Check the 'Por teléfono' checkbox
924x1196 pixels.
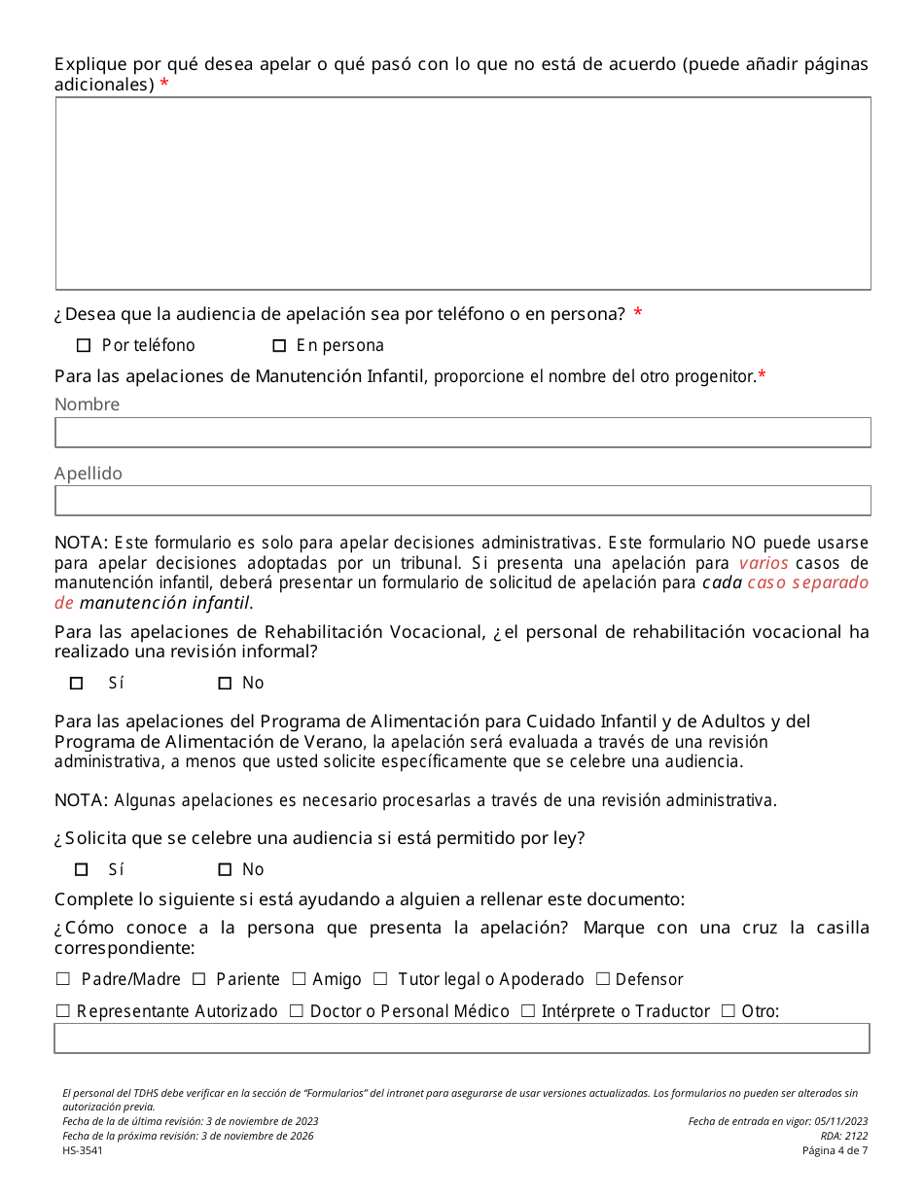click(x=83, y=345)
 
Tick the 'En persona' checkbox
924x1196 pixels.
click(x=279, y=345)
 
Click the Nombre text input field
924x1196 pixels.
click(x=462, y=433)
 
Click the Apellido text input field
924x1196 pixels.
click(x=462, y=501)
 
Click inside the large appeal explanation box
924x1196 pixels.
click(x=462, y=193)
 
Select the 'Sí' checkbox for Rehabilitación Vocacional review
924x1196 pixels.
click(x=77, y=684)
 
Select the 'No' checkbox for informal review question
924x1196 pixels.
click(x=225, y=684)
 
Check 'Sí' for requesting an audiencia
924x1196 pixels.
click(x=82, y=869)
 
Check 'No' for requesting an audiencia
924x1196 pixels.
click(x=225, y=869)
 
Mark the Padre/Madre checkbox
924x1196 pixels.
click(x=63, y=979)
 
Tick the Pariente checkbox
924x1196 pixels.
click(x=198, y=979)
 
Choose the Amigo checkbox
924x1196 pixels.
click(x=299, y=979)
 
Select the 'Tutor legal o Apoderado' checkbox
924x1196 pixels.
click(x=380, y=979)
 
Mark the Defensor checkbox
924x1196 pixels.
click(x=602, y=979)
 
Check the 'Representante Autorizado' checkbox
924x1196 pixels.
click(x=63, y=1011)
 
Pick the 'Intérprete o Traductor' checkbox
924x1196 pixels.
click(x=527, y=1011)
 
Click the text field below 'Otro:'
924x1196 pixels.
click(x=462, y=1038)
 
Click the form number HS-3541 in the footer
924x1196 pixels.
click(x=83, y=1150)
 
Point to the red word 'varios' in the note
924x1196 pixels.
click(x=764, y=563)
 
